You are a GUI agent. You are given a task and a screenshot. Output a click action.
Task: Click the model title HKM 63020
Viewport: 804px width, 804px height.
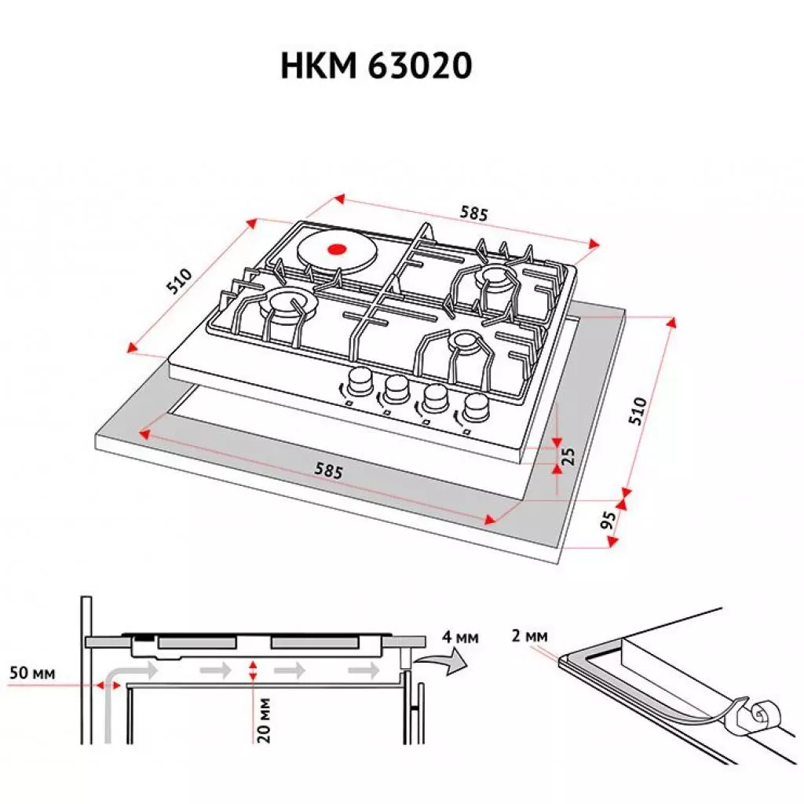click(x=376, y=67)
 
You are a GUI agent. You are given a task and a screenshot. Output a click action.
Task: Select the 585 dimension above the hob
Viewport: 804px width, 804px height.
click(x=474, y=214)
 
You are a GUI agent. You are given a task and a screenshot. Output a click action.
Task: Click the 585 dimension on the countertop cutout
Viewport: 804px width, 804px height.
click(x=328, y=471)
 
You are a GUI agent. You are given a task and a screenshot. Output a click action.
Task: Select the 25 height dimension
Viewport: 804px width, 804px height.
click(x=569, y=455)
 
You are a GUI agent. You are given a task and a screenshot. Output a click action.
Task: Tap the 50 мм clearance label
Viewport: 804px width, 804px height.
click(x=33, y=673)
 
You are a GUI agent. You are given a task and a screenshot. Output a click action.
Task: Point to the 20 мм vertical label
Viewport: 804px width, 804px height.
click(x=265, y=718)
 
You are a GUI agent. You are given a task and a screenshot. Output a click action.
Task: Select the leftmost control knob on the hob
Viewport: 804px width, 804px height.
click(x=360, y=382)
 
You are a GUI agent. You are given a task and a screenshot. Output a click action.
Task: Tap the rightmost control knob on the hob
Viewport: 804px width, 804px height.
click(x=475, y=406)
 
